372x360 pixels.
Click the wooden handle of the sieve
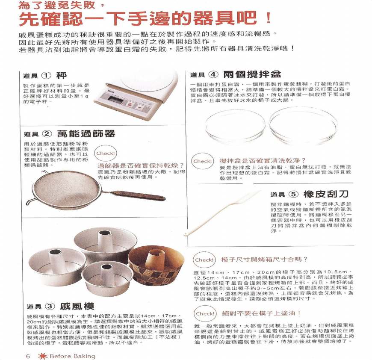coord(137,194)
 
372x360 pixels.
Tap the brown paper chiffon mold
coord(156,265)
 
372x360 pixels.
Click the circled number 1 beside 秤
coord(46,76)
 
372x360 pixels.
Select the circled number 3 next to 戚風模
coord(50,306)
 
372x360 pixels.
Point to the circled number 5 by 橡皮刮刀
coord(293,194)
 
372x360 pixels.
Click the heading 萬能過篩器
coord(86,133)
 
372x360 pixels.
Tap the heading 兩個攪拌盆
coord(252,74)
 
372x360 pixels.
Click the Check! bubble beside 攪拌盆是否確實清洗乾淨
coord(202,161)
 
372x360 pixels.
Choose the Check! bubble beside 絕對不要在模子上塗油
coord(205,313)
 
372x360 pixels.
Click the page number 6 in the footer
coord(28,356)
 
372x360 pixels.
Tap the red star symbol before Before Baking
coord(43,356)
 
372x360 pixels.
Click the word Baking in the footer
coord(84,356)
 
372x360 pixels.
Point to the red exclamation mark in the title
coord(269,18)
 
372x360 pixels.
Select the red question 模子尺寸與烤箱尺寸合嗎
coord(264,259)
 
